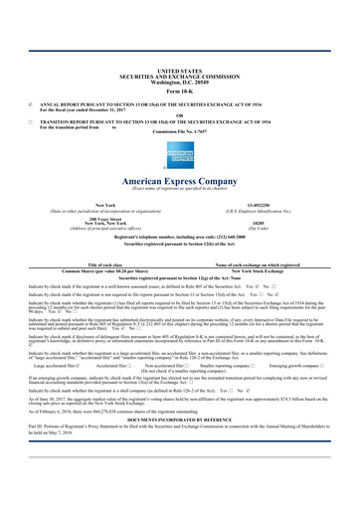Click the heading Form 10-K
[180, 65]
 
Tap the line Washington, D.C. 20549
[180, 55]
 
